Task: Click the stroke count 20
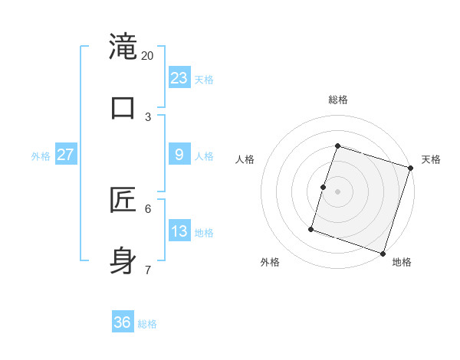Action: [148, 56]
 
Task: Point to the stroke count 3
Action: [148, 117]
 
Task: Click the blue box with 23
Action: [179, 78]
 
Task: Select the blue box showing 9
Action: [179, 155]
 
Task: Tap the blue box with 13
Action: [179, 231]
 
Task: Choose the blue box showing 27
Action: [65, 155]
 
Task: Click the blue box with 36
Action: [123, 322]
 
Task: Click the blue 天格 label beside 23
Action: [204, 80]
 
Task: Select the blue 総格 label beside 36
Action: [147, 324]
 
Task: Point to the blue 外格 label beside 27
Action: [41, 156]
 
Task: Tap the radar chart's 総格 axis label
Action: [338, 100]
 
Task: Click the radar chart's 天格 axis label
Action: [432, 159]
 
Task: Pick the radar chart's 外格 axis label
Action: [270, 262]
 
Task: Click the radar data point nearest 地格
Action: [383, 254]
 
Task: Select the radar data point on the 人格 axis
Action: [324, 187]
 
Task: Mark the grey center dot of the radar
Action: [338, 191]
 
